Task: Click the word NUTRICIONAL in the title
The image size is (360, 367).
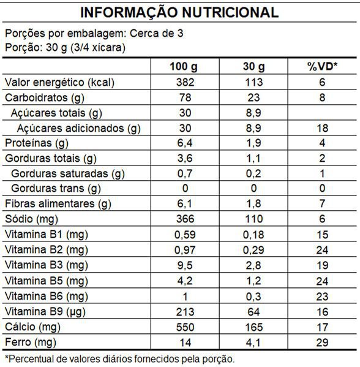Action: [230, 12]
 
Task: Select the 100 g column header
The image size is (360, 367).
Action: [184, 67]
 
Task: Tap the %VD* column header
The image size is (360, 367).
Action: [322, 66]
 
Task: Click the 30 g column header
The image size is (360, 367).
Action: [253, 67]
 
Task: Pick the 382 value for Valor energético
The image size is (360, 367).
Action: [185, 82]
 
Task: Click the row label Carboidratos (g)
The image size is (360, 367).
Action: [45, 98]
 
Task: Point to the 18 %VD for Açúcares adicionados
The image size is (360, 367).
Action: [322, 128]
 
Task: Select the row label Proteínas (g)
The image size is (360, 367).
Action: [37, 143]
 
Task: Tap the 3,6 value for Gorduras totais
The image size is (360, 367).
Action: [185, 159]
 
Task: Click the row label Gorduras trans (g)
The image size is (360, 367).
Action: [56, 189]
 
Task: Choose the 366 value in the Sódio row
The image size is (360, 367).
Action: [185, 219]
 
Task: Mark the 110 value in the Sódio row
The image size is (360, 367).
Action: [253, 219]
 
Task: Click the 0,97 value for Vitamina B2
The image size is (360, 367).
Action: [185, 250]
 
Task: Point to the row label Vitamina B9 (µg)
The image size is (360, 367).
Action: [45, 312]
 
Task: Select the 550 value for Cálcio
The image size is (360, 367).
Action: [185, 327]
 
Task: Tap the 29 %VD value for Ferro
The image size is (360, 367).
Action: [322, 342]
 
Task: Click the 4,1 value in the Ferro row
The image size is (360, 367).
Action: [253, 343]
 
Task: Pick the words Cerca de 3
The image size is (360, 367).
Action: [157, 33]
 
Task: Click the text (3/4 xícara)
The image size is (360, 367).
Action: [98, 48]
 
